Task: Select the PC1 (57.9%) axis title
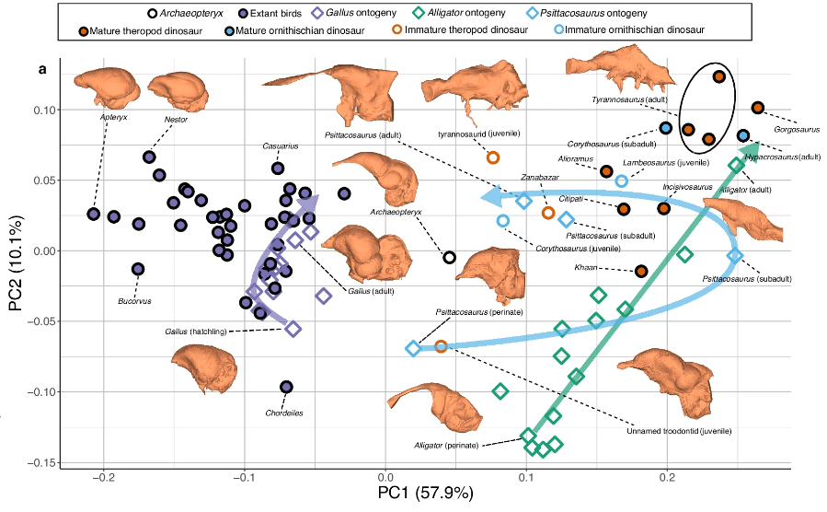(x=425, y=494)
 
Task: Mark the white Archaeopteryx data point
(x=449, y=257)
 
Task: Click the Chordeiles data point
(x=286, y=387)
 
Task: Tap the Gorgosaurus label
(x=796, y=129)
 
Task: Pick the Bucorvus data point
(x=138, y=269)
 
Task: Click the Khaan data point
(x=641, y=271)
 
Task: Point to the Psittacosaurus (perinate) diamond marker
(x=413, y=348)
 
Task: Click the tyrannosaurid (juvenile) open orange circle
(x=492, y=157)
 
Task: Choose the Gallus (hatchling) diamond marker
(x=293, y=329)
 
